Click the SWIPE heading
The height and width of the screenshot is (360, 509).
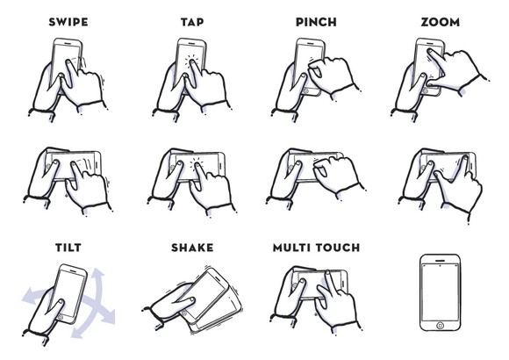click(68, 22)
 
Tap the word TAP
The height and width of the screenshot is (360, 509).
click(192, 22)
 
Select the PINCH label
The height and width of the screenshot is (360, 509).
click(316, 22)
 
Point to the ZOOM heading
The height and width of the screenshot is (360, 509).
click(441, 22)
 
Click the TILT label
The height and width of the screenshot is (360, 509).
click(68, 248)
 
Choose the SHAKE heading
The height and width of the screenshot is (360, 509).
click(192, 248)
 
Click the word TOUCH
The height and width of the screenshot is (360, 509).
click(338, 248)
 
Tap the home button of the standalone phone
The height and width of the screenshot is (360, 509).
click(440, 325)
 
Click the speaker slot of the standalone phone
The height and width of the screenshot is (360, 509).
click(440, 261)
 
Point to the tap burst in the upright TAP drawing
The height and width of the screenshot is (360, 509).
click(191, 60)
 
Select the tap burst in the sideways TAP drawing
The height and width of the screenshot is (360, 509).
click(197, 162)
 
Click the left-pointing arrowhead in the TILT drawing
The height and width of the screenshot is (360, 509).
click(27, 296)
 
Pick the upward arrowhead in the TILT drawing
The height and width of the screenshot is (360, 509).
click(97, 274)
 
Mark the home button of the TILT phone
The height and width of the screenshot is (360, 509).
click(60, 316)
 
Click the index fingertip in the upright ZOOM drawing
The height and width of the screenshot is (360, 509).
click(429, 51)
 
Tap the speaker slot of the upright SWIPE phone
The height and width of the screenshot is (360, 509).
click(67, 42)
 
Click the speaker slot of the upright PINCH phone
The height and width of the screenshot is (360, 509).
click(310, 42)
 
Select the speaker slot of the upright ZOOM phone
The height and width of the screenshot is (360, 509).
click(430, 42)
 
